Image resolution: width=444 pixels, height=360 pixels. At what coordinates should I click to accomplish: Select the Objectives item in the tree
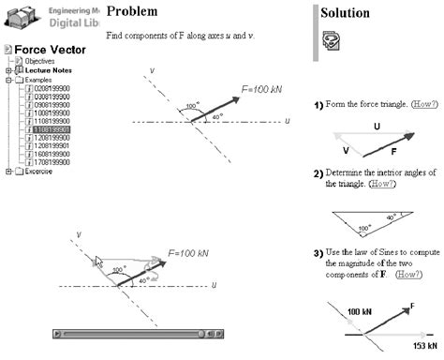[x=39, y=61]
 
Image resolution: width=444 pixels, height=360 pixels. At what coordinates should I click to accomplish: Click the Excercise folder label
[x=38, y=172]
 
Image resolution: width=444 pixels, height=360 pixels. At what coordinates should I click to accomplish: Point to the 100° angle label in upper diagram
[x=192, y=106]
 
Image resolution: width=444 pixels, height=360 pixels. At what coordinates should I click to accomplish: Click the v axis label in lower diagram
[x=80, y=234]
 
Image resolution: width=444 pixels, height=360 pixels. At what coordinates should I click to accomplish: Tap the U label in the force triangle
[x=376, y=125]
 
